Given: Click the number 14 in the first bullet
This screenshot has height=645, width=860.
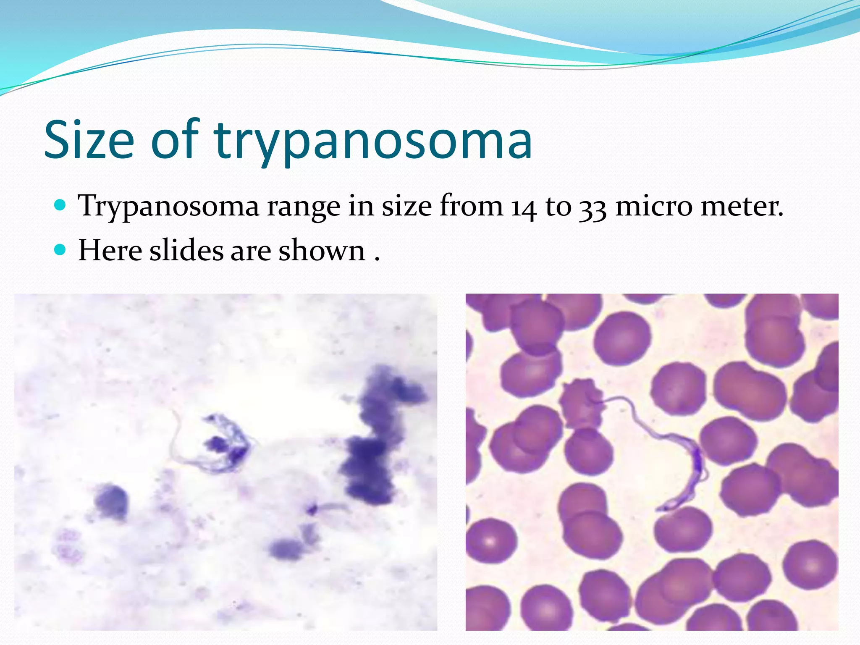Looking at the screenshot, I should [524, 207].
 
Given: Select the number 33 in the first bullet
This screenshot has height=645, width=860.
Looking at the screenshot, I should [593, 207].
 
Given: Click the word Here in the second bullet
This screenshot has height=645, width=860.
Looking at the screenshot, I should [110, 251].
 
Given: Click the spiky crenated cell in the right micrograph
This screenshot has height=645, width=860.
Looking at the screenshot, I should [581, 403].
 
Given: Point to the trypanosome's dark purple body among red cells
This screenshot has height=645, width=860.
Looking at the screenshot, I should [695, 466].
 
